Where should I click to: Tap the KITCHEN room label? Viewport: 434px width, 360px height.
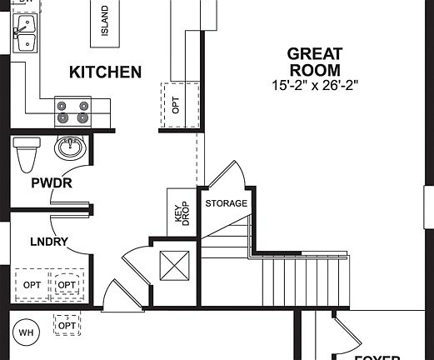click(105, 72)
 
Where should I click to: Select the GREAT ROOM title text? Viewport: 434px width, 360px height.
click(315, 62)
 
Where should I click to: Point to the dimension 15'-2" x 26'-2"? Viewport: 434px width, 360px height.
click(315, 85)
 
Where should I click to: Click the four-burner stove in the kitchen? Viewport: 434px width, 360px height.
click(72, 111)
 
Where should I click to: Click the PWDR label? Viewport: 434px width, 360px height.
click(52, 182)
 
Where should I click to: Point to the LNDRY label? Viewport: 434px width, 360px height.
click(49, 242)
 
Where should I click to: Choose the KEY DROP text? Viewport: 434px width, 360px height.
click(181, 214)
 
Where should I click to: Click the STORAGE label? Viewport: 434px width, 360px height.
click(226, 203)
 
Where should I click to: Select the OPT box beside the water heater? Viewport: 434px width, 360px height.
click(67, 323)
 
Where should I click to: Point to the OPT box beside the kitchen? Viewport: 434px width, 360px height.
click(176, 105)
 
